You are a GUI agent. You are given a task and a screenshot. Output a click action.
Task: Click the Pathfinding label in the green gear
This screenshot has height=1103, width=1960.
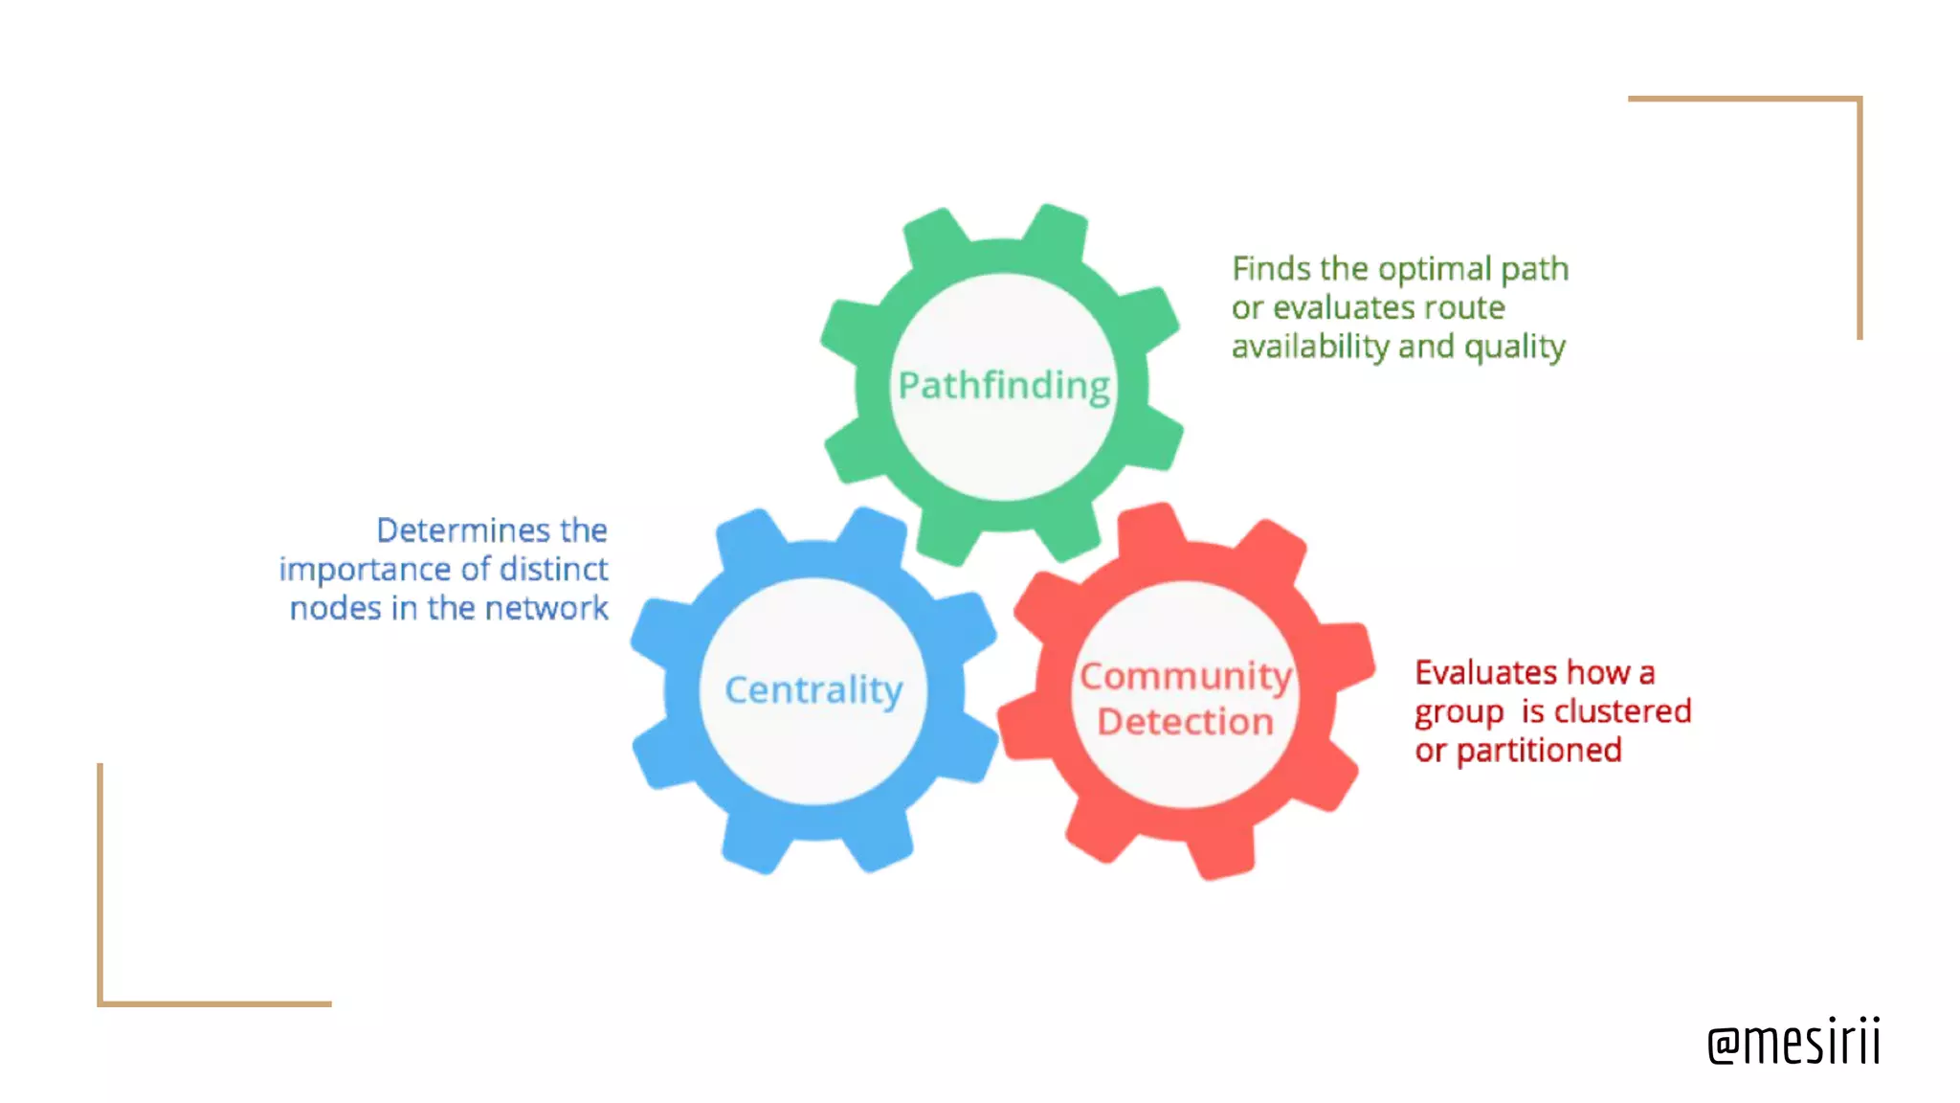coord(1004,386)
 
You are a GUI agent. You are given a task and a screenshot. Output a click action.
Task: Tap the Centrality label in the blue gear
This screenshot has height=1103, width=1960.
coord(813,689)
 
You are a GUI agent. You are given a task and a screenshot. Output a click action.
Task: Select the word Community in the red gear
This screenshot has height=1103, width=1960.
coord(1186,676)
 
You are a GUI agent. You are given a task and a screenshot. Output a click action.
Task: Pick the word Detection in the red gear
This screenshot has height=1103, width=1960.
coord(1186,721)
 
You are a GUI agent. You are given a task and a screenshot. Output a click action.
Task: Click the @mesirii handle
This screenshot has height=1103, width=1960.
coord(1793,1042)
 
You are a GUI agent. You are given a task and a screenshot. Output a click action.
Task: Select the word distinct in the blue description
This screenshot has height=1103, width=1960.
coord(553,570)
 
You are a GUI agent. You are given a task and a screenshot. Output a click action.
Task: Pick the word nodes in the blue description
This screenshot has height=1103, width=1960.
coord(335,608)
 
